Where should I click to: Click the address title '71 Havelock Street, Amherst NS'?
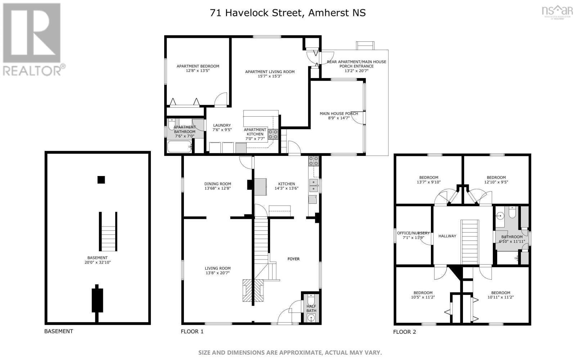tap(288, 13)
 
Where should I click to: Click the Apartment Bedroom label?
tap(198, 66)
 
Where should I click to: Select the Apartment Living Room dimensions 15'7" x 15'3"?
tap(270, 76)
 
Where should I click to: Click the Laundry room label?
tap(221, 125)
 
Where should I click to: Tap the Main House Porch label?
tap(338, 114)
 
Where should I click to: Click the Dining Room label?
tap(217, 184)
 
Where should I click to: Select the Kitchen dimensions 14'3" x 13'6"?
tap(287, 188)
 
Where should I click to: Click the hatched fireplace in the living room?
tap(253, 290)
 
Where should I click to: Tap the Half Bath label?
tap(311, 309)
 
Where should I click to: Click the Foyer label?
tap(293, 259)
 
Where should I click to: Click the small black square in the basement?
tap(101, 180)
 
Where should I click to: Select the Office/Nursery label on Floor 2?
tap(413, 233)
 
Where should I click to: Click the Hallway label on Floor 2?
tap(447, 236)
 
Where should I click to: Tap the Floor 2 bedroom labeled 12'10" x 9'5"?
tap(496, 180)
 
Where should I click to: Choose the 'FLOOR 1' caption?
tap(192, 332)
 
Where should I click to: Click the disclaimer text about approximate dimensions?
tap(290, 352)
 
